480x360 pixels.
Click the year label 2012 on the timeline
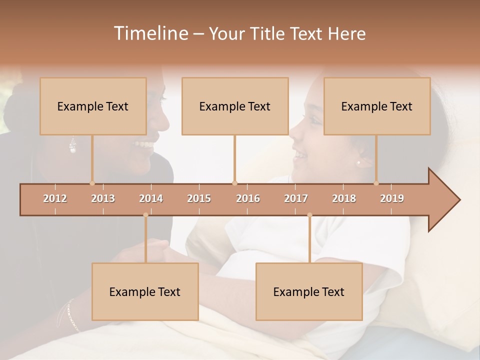55,198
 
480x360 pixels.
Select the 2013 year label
103,198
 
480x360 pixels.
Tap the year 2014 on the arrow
151,198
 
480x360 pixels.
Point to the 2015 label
199,198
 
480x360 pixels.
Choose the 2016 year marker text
248,198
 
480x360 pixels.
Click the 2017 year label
296,198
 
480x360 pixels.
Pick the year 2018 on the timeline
344,198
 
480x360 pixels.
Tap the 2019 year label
392,198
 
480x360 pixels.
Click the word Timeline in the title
150,33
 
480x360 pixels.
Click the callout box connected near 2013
93,106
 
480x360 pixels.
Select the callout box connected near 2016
235,106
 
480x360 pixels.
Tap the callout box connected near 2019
377,106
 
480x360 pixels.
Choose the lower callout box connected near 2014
145,291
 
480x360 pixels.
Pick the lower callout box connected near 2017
309,291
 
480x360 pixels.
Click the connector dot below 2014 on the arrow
145,215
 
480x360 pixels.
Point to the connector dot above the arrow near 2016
234,183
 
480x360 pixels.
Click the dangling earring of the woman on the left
73,146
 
